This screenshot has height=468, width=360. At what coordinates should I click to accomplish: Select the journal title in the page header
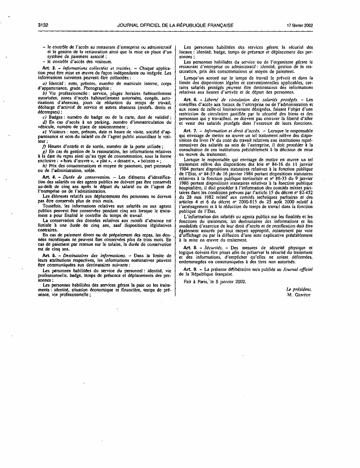(174, 25)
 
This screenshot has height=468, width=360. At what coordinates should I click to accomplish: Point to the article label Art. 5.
(48, 255)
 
